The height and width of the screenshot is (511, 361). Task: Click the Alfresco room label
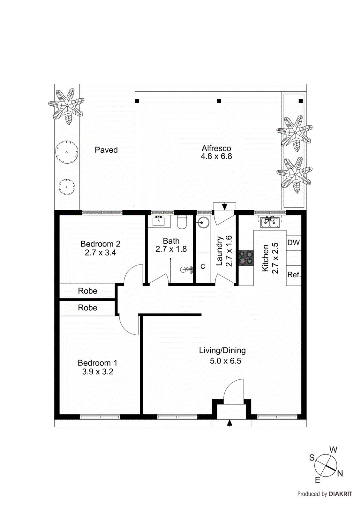coord(216,149)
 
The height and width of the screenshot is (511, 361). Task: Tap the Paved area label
coord(106,150)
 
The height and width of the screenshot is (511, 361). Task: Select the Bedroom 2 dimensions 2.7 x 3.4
coord(100,253)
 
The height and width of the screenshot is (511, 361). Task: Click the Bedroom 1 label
coord(97,363)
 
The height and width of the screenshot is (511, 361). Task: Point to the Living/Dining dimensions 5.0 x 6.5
coord(225,361)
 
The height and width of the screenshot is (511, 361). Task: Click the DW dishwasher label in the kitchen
coord(293,242)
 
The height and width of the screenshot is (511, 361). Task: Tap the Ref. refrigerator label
coord(294,275)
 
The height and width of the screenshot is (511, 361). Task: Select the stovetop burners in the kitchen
coord(246,258)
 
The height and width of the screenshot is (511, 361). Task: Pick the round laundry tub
coord(203,222)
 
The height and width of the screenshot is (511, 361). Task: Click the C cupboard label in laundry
coord(203,267)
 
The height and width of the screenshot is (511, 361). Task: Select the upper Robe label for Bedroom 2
coord(87,291)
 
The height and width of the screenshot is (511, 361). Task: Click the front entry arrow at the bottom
coord(229,423)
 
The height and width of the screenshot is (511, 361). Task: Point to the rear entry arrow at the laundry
coord(224,207)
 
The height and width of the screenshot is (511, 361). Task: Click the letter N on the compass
coord(340,474)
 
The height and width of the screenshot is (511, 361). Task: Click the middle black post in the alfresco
coord(219,101)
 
